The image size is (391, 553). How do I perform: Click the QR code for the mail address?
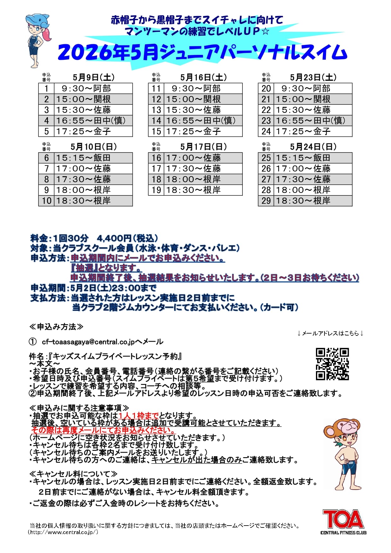pyautogui.click(x=332, y=364)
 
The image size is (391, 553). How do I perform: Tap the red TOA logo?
pyautogui.click(x=343, y=519)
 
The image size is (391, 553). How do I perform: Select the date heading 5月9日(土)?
pyautogui.click(x=94, y=78)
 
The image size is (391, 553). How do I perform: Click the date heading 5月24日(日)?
pyautogui.click(x=313, y=147)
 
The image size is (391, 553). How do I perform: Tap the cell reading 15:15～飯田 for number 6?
pyautogui.click(x=93, y=158)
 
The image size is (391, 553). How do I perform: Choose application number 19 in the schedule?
pyautogui.click(x=156, y=190)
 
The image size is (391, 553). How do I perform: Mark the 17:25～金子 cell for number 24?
pyautogui.click(x=313, y=131)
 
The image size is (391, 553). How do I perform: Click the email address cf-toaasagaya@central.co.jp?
pyautogui.click(x=88, y=342)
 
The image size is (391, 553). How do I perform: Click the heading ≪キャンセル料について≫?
pyautogui.click(x=73, y=474)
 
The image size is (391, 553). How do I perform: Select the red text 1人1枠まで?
pyautogui.click(x=138, y=416)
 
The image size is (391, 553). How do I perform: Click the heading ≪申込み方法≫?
pyautogui.click(x=56, y=327)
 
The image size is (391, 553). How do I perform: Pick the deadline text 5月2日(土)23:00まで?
pyautogui.click(x=114, y=288)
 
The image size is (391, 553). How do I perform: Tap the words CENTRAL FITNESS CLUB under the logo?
pyautogui.click(x=343, y=533)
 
